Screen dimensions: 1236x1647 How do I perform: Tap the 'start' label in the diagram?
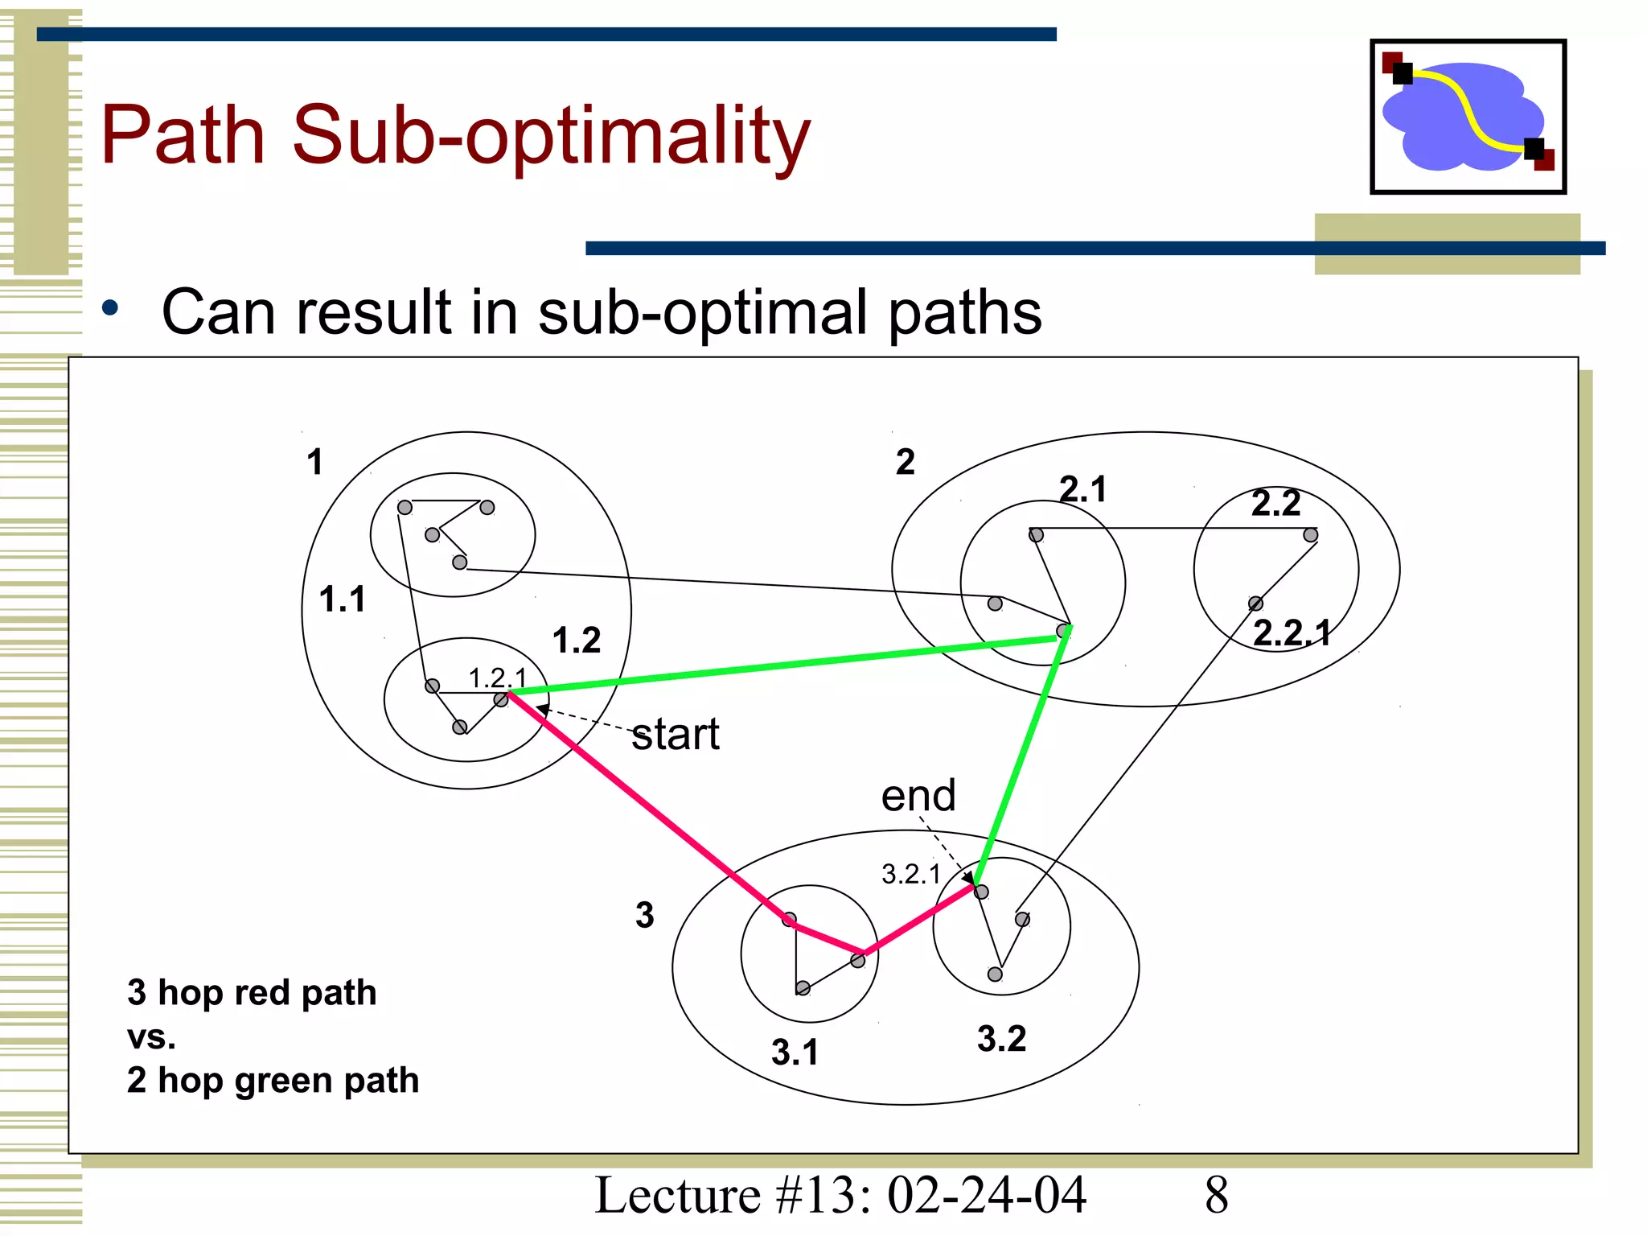tap(675, 735)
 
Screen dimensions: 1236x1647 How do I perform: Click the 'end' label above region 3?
tap(918, 796)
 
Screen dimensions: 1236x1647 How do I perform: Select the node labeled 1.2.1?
tap(501, 700)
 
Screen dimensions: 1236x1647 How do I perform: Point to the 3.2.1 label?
tap(910, 874)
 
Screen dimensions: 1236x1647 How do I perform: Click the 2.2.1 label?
tap(1292, 633)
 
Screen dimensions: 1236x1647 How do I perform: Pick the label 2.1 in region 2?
tap(1083, 489)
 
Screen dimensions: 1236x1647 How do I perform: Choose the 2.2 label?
tap(1275, 504)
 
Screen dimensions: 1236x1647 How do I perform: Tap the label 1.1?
tap(342, 599)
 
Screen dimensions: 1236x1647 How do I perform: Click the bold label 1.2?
tap(576, 641)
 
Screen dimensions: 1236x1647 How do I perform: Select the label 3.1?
tap(795, 1053)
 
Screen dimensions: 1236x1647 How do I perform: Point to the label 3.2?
tap(1001, 1039)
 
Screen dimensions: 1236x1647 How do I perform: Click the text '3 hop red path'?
tap(252, 992)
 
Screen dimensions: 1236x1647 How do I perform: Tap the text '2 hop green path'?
tap(273, 1080)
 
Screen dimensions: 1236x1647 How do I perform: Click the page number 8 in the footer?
tap(1216, 1195)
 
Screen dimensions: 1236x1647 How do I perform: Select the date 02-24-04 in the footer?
tap(987, 1195)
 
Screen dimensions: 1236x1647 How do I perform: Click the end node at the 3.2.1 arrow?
tap(981, 892)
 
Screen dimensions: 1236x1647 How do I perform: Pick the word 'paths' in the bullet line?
tap(964, 312)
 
